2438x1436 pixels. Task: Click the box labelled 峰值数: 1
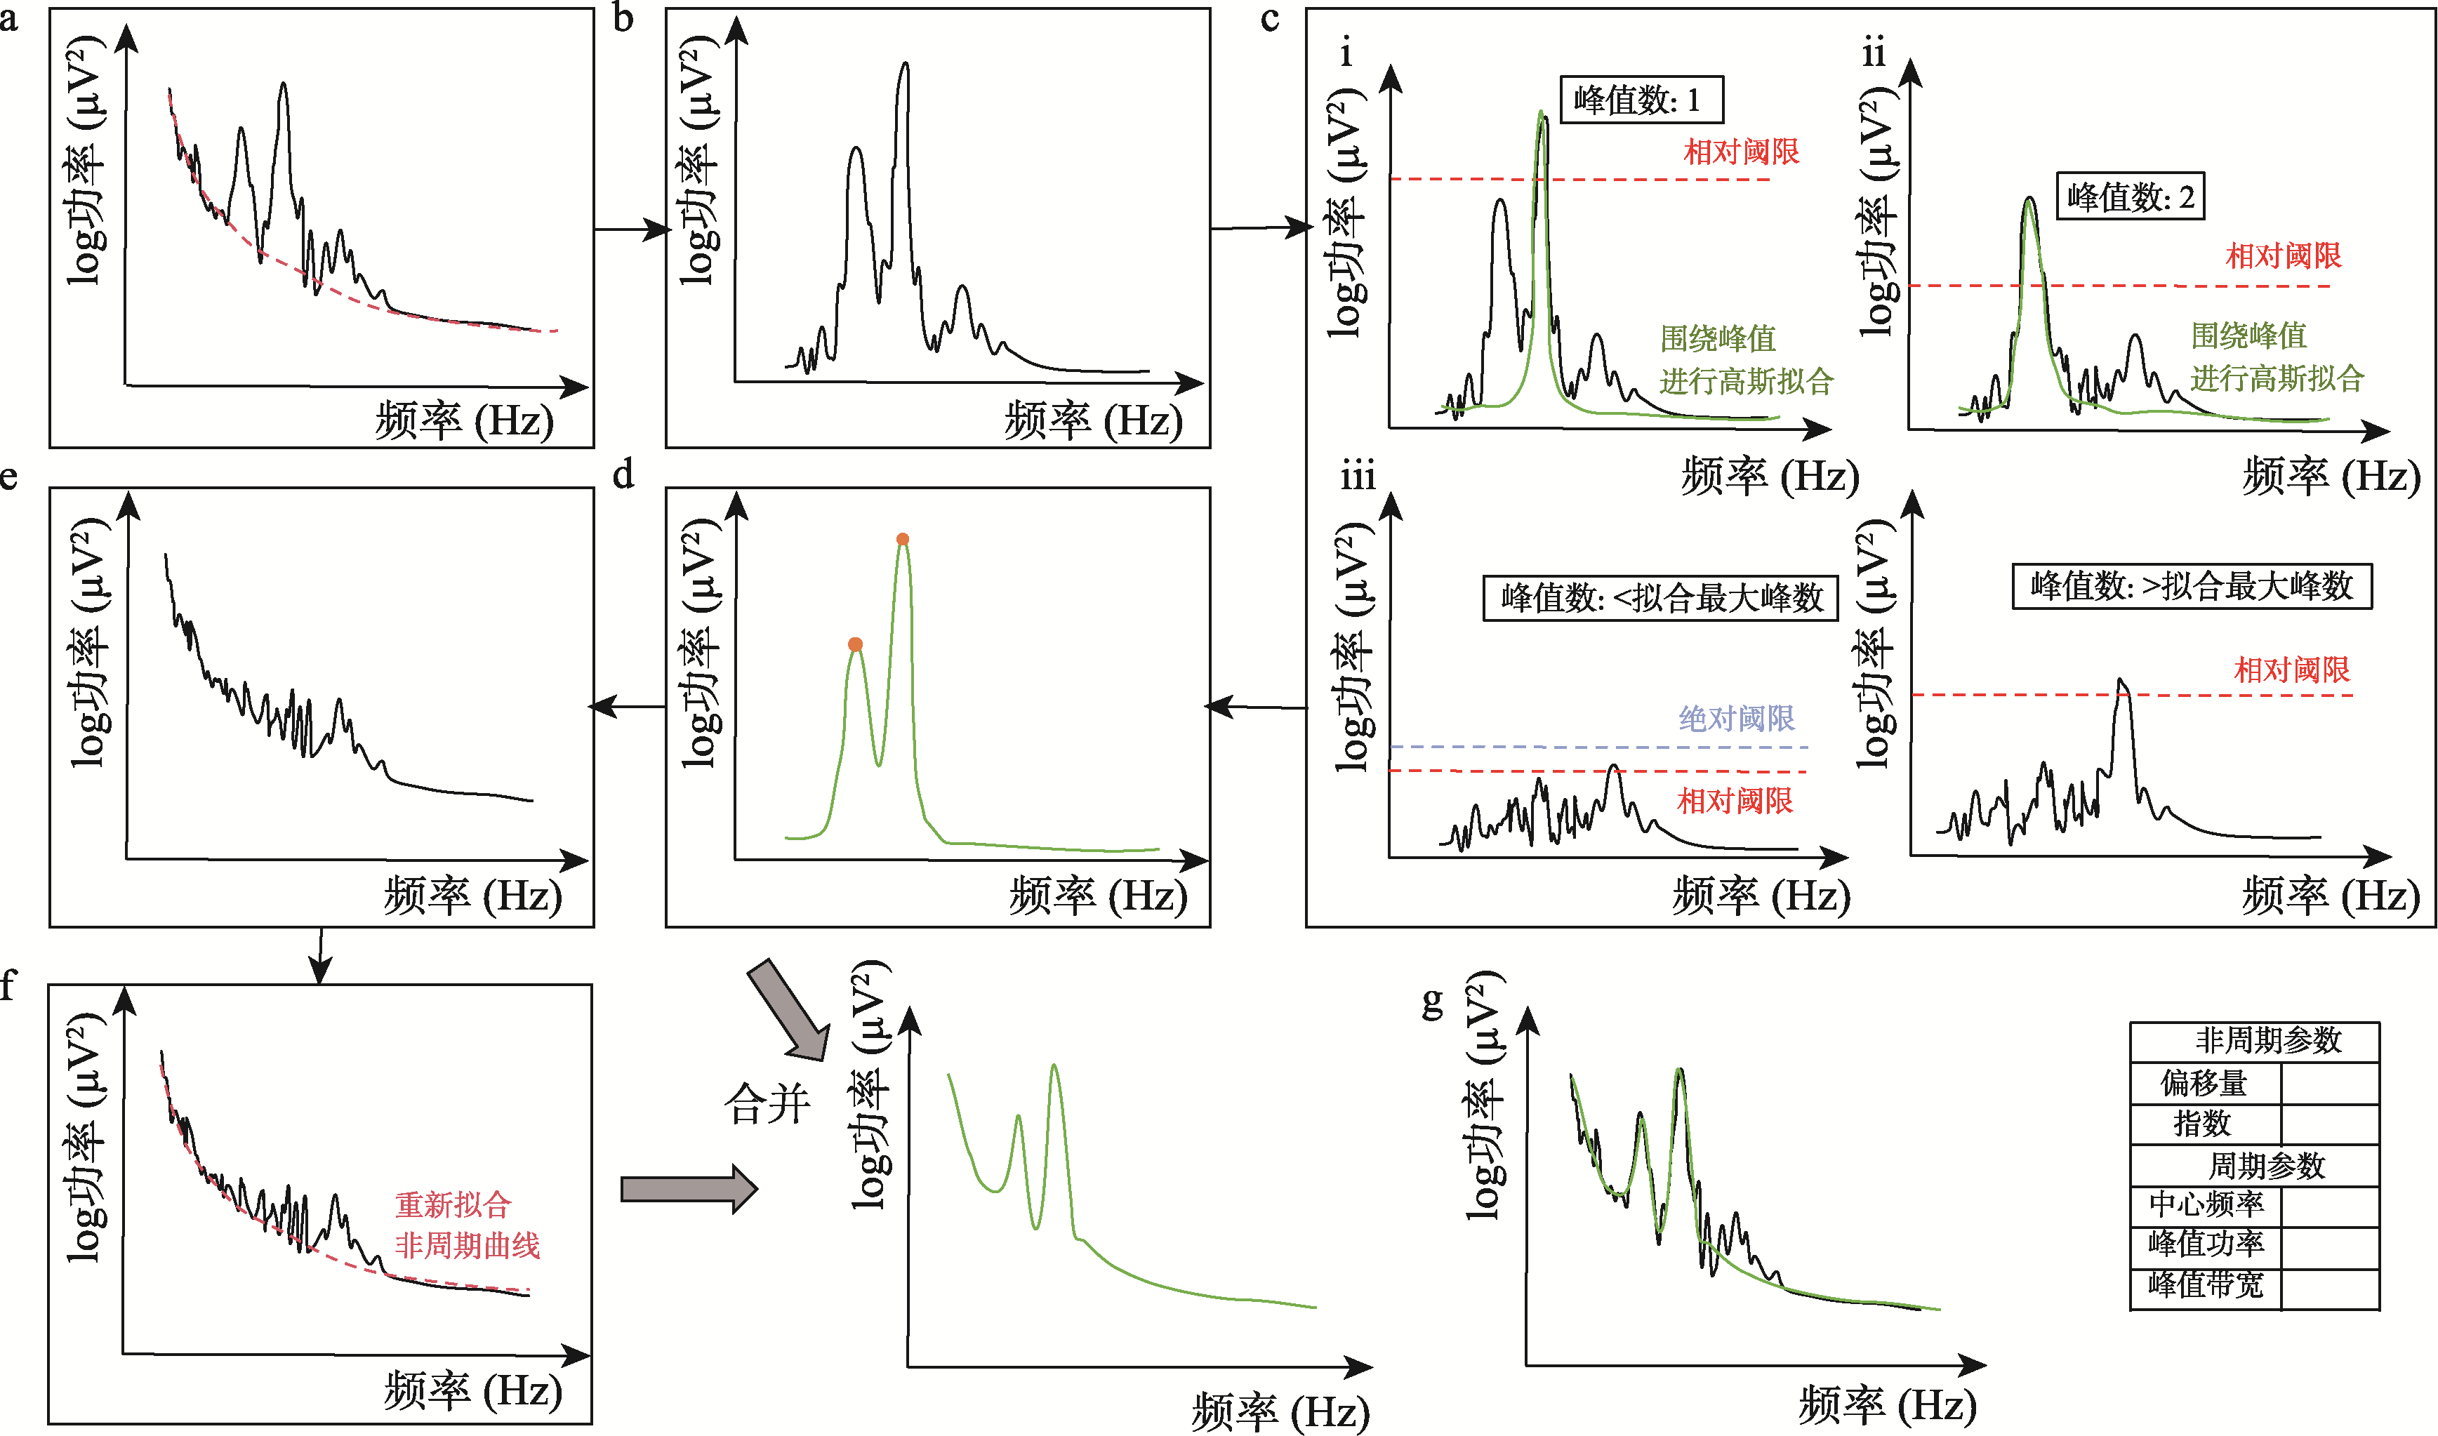[1641, 100]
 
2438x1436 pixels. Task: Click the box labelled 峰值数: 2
[2129, 197]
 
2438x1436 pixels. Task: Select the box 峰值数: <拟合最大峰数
[1660, 598]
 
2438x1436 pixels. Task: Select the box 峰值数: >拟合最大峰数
[2191, 585]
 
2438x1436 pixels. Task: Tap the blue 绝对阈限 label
[1736, 718]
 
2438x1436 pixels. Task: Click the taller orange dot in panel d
[902, 539]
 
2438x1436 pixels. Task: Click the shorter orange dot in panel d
[854, 644]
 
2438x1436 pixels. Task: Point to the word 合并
[767, 1103]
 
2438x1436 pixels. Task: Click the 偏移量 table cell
[2205, 1083]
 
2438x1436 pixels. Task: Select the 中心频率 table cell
[2206, 1204]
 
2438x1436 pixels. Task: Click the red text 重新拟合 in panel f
[453, 1204]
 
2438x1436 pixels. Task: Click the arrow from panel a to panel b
[631, 230]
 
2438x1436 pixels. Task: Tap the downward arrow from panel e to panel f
[320, 956]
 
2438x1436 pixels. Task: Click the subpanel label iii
[1358, 477]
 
